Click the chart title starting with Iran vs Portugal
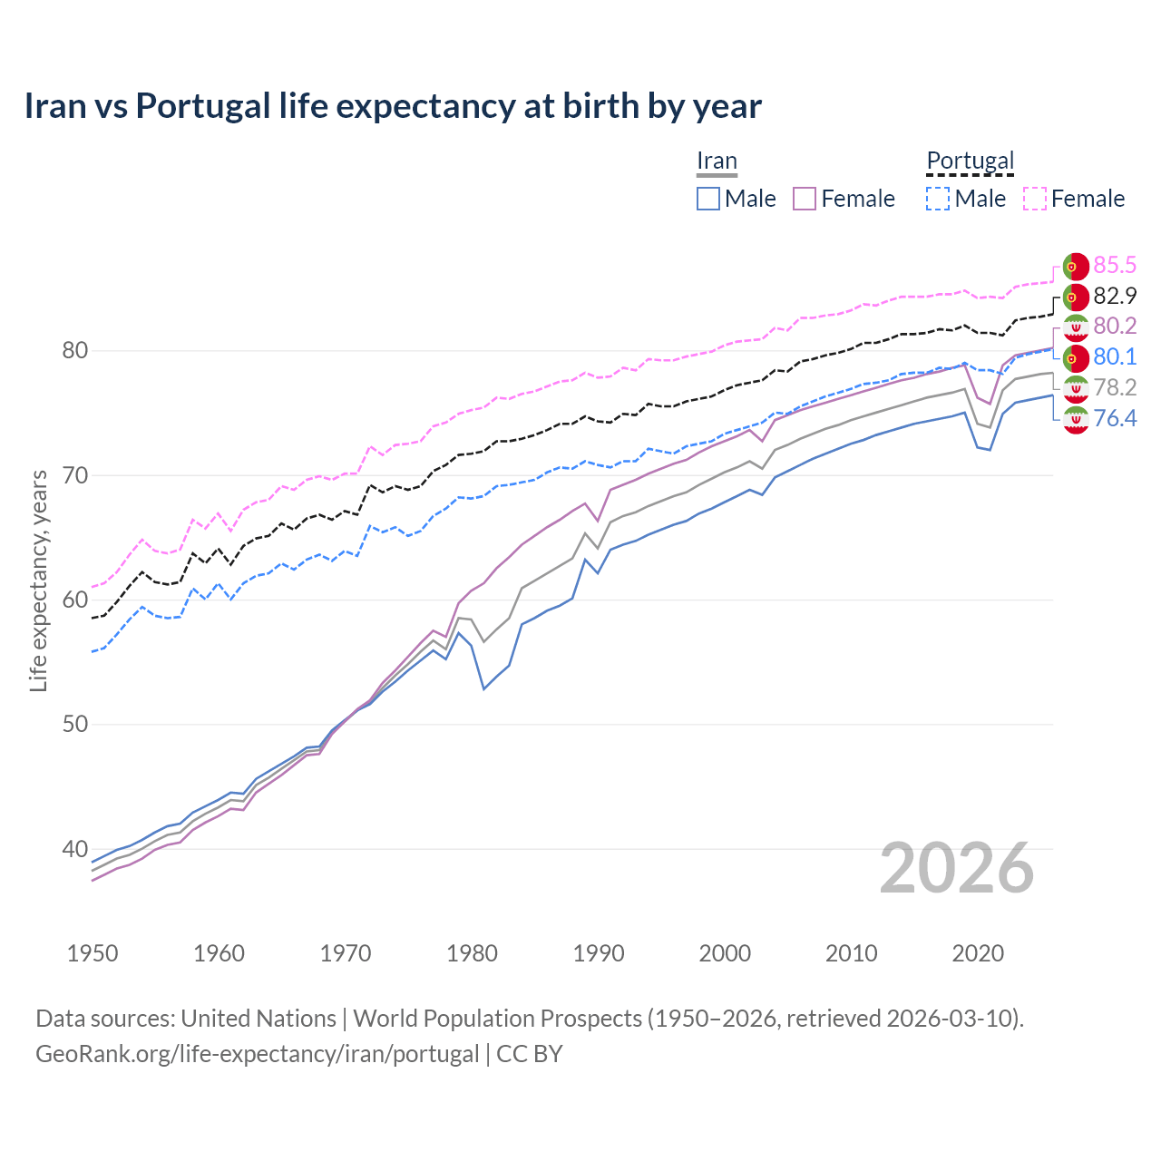click(x=392, y=106)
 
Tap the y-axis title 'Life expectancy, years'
click(x=38, y=580)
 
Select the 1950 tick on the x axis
click(x=93, y=953)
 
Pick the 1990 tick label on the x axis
click(x=599, y=953)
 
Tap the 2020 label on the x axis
click(x=978, y=953)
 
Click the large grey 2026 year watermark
click(x=957, y=869)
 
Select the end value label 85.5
click(x=1115, y=265)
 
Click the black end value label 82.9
click(x=1115, y=296)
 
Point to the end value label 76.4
click(x=1115, y=418)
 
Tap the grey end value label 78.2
click(x=1115, y=387)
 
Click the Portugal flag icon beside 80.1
click(x=1076, y=357)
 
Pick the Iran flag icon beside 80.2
click(x=1076, y=327)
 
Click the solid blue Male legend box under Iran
click(x=708, y=199)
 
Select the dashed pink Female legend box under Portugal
click(x=1035, y=199)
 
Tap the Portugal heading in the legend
click(x=970, y=161)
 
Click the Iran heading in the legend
click(x=717, y=161)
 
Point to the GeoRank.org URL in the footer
click(x=257, y=1054)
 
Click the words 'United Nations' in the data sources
click(x=259, y=1019)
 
